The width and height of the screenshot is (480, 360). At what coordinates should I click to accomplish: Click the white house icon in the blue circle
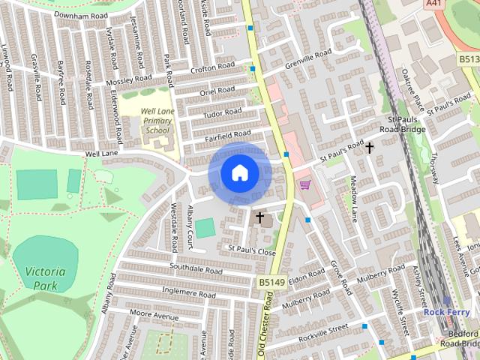pos(239,173)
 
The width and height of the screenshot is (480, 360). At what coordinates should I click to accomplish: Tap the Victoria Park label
pos(44,277)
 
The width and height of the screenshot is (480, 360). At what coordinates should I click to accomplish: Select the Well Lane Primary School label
pos(156,120)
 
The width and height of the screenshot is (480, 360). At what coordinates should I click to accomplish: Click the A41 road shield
pos(433,4)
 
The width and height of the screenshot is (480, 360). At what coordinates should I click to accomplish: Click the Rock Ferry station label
pos(446,311)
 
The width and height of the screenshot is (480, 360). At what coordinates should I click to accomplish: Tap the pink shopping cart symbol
pos(304,184)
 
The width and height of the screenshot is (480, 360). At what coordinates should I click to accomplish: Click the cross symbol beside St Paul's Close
pos(260,217)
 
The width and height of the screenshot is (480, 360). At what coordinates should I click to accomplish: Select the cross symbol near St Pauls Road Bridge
pos(369,148)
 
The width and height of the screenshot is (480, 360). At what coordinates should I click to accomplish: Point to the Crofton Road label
pos(212,68)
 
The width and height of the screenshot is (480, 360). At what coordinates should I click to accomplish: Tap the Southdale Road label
pos(196,268)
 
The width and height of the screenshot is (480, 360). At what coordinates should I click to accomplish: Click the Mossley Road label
pos(129,79)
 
